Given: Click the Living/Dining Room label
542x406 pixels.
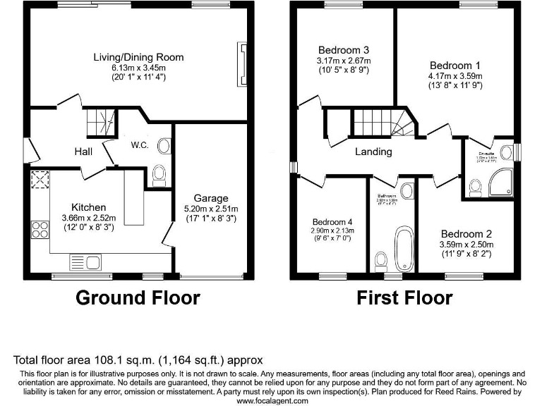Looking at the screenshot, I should [138, 57].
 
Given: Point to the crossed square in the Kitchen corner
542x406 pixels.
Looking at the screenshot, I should [38, 182].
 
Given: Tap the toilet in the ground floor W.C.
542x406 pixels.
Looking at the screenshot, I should [159, 173].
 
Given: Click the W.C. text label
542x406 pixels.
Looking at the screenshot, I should [138, 146].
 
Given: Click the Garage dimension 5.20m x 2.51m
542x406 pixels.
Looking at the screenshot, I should [210, 209].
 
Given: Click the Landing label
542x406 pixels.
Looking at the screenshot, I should [373, 152].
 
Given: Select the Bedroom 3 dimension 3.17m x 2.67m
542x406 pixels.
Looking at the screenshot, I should [344, 61].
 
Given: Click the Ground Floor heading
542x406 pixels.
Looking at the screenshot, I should [138, 297].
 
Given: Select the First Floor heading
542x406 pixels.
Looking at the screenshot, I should [404, 297].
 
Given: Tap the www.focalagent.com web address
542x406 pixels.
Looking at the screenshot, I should [271, 400].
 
